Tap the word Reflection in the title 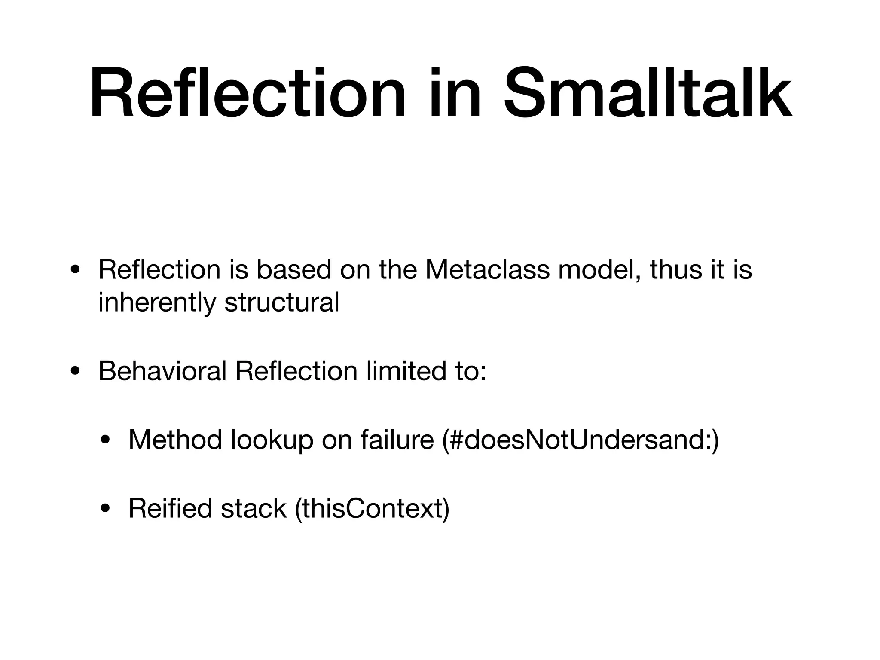pyautogui.click(x=247, y=94)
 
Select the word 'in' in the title pyautogui.click(x=454, y=94)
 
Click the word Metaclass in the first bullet pyautogui.click(x=487, y=270)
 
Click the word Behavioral pyautogui.click(x=162, y=371)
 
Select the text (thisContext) pyautogui.click(x=372, y=509)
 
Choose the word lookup pyautogui.click(x=272, y=440)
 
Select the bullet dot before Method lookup pyautogui.click(x=105, y=441)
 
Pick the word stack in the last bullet pyautogui.click(x=254, y=509)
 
